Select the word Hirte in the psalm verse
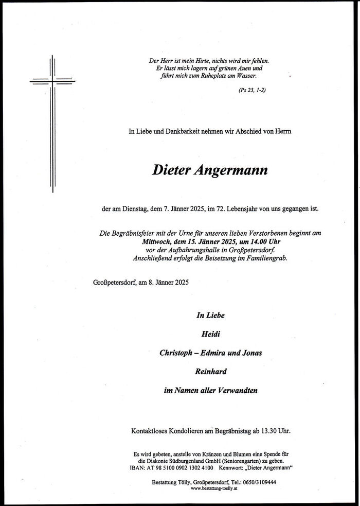201,61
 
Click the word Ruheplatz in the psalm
211,75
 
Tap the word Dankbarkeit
179,132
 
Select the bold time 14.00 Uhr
256,241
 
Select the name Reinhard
210,371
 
